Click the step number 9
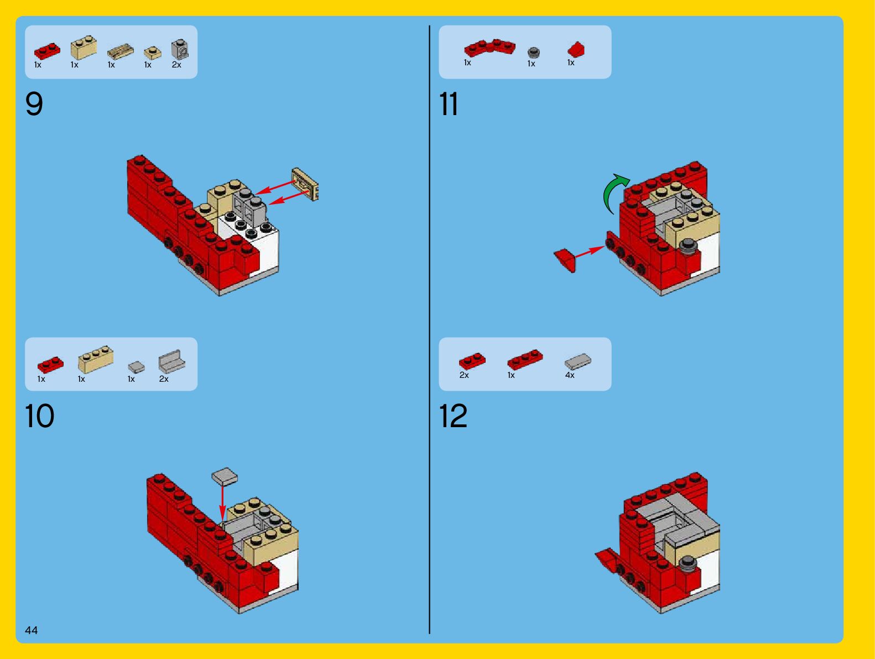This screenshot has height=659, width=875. click(x=34, y=103)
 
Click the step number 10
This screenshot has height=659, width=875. click(x=39, y=416)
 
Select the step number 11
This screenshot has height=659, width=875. click(x=449, y=103)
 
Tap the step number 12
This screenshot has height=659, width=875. click(x=453, y=416)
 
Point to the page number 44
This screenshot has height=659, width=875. click(x=31, y=630)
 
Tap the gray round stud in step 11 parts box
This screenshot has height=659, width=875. click(x=533, y=52)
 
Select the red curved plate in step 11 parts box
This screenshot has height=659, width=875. click(x=489, y=47)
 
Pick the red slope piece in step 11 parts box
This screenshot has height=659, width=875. click(x=576, y=49)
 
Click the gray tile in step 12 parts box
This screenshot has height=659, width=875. click(x=578, y=361)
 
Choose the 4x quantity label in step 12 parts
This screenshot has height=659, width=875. click(x=570, y=375)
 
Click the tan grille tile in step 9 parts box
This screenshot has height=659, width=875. click(x=121, y=52)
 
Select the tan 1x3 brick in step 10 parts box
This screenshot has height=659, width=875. click(x=96, y=359)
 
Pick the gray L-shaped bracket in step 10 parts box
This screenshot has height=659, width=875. click(x=171, y=361)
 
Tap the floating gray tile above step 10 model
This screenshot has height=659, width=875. click(x=225, y=476)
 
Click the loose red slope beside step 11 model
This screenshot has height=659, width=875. click(x=565, y=260)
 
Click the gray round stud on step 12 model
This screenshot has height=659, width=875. click(x=687, y=563)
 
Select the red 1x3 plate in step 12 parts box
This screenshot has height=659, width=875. click(x=525, y=359)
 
